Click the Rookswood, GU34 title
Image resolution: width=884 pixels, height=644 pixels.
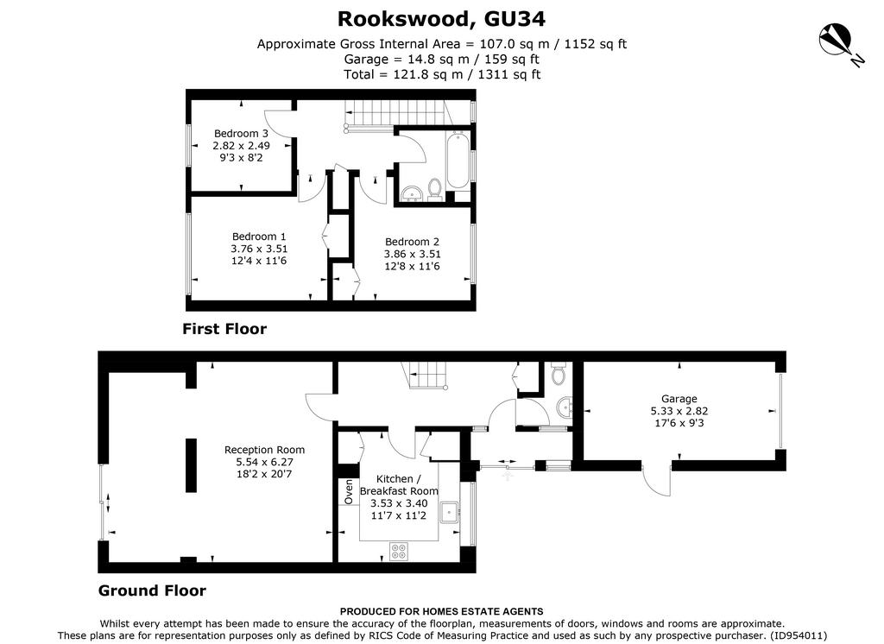click(x=441, y=19)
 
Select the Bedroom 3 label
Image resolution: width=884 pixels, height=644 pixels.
click(x=241, y=134)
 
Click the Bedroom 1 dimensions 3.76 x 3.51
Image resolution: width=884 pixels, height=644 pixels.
click(x=259, y=249)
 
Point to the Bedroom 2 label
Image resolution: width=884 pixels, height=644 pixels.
click(x=412, y=242)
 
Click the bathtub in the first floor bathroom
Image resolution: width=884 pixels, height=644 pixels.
click(x=458, y=161)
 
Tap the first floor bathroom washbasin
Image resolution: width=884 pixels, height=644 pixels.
click(x=413, y=193)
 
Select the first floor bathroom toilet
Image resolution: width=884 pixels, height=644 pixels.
click(x=435, y=189)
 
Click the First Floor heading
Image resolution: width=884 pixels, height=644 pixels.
click(x=224, y=329)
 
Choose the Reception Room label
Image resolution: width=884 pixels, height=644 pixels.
click(x=264, y=450)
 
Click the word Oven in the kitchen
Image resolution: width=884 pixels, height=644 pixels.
click(x=349, y=492)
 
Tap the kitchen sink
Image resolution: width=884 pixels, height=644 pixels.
click(x=449, y=512)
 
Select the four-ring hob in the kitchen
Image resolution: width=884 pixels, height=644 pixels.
click(x=399, y=551)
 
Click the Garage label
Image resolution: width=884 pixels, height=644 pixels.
click(x=679, y=399)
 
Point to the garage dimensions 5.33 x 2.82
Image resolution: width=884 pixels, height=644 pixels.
click(x=679, y=411)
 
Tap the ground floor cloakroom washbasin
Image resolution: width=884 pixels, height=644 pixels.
click(x=565, y=406)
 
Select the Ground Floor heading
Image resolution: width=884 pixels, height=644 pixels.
click(x=152, y=590)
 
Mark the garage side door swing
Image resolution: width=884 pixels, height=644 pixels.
click(x=656, y=483)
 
